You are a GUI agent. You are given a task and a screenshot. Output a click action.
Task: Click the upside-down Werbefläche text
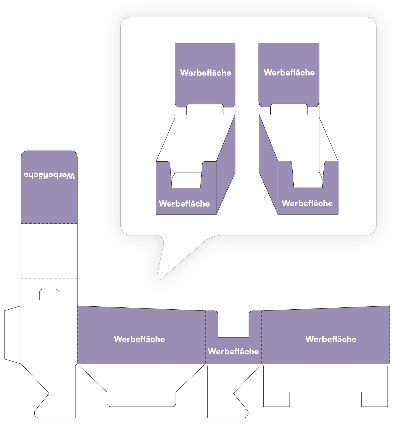tap(49, 176)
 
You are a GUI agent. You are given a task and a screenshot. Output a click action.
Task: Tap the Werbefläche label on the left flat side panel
tap(139, 339)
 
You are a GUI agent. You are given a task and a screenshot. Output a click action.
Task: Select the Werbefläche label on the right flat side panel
tap(331, 339)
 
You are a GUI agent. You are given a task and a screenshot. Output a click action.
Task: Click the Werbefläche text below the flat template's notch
tap(233, 351)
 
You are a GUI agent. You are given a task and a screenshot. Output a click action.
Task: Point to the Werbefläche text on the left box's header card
tap(205, 73)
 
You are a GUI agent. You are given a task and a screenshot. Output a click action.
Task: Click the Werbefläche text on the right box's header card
tap(289, 73)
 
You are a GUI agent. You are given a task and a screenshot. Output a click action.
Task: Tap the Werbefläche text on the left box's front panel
tap(184, 204)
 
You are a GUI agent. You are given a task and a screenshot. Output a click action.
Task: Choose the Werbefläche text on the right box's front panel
tap(307, 203)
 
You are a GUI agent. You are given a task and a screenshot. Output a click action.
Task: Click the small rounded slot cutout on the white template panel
tap(49, 294)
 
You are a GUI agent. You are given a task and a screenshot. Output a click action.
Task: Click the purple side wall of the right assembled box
tap(268, 165)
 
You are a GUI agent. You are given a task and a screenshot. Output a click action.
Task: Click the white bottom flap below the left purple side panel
tap(141, 385)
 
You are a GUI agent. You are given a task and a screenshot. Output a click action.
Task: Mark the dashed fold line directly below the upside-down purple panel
tap(49, 224)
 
